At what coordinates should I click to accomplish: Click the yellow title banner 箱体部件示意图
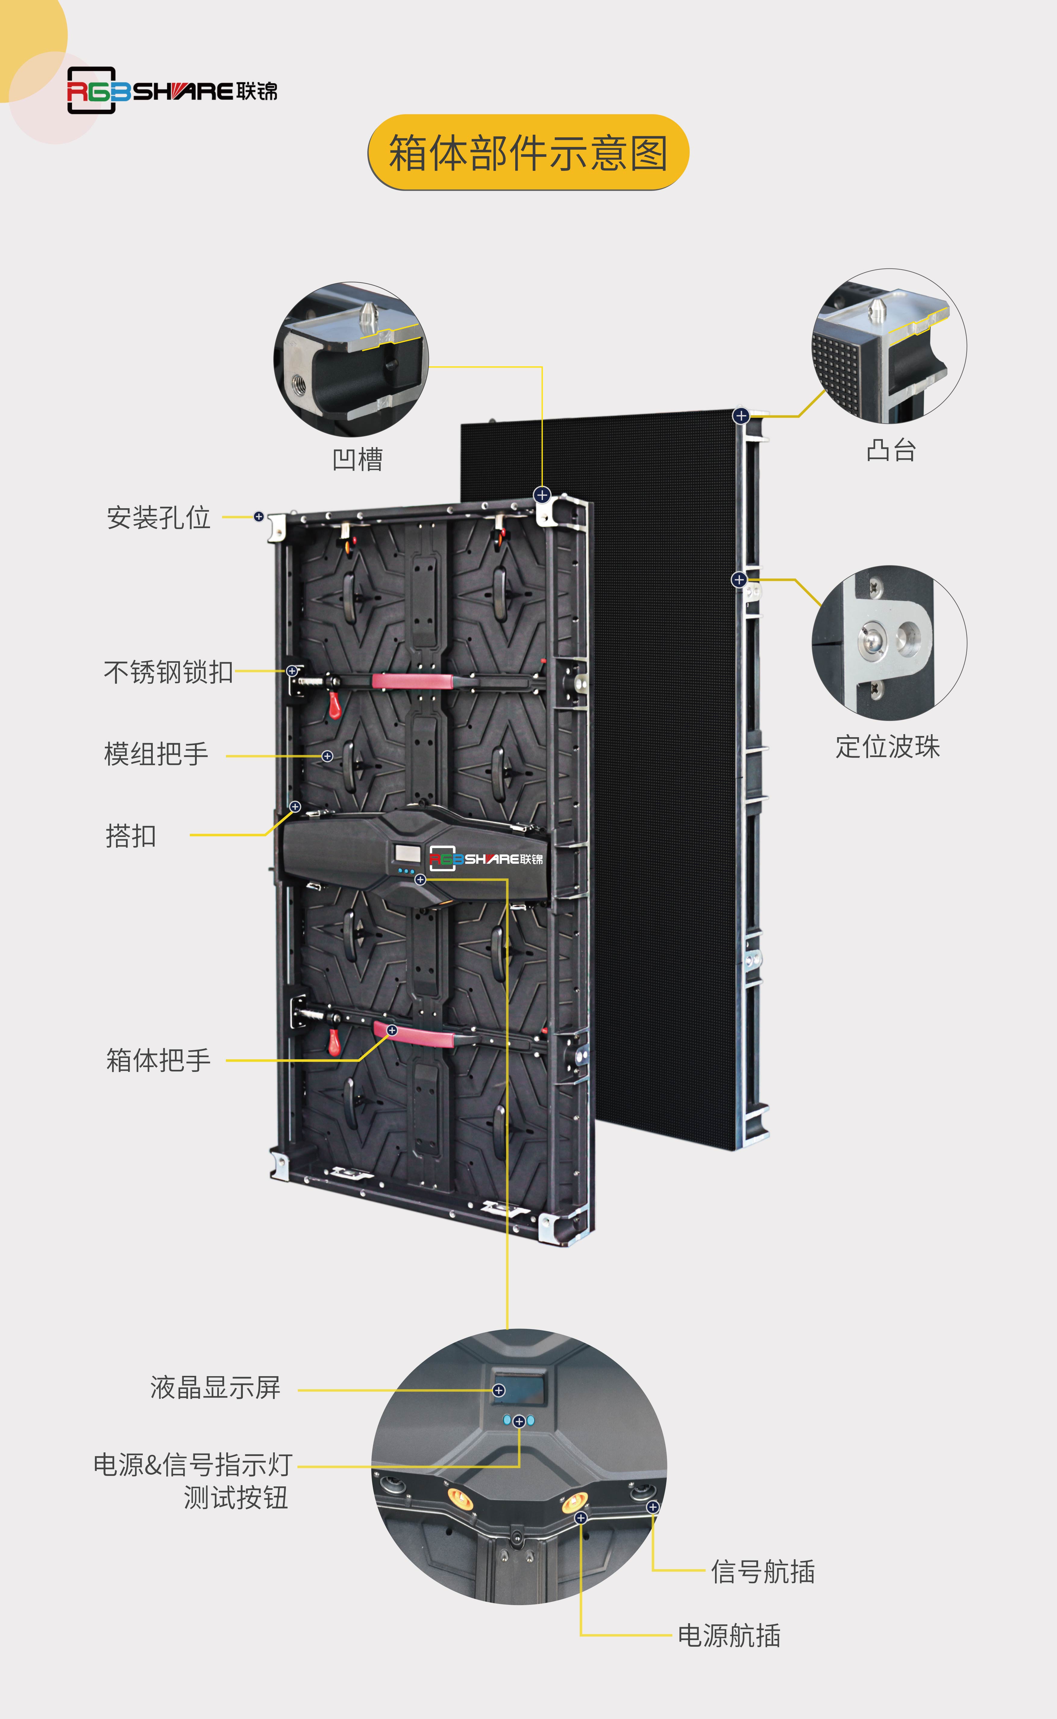pyautogui.click(x=528, y=152)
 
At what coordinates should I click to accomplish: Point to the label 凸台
pyautogui.click(x=891, y=450)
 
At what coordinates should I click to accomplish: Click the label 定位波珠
pyautogui.click(x=888, y=746)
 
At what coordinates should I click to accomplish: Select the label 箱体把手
pyautogui.click(x=159, y=1060)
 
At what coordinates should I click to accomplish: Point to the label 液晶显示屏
pyautogui.click(x=215, y=1387)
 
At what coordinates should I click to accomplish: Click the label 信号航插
pyautogui.click(x=763, y=1572)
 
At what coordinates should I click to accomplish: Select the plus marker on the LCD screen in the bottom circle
pyautogui.click(x=498, y=1391)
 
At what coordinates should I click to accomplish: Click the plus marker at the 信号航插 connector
pyautogui.click(x=652, y=1507)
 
